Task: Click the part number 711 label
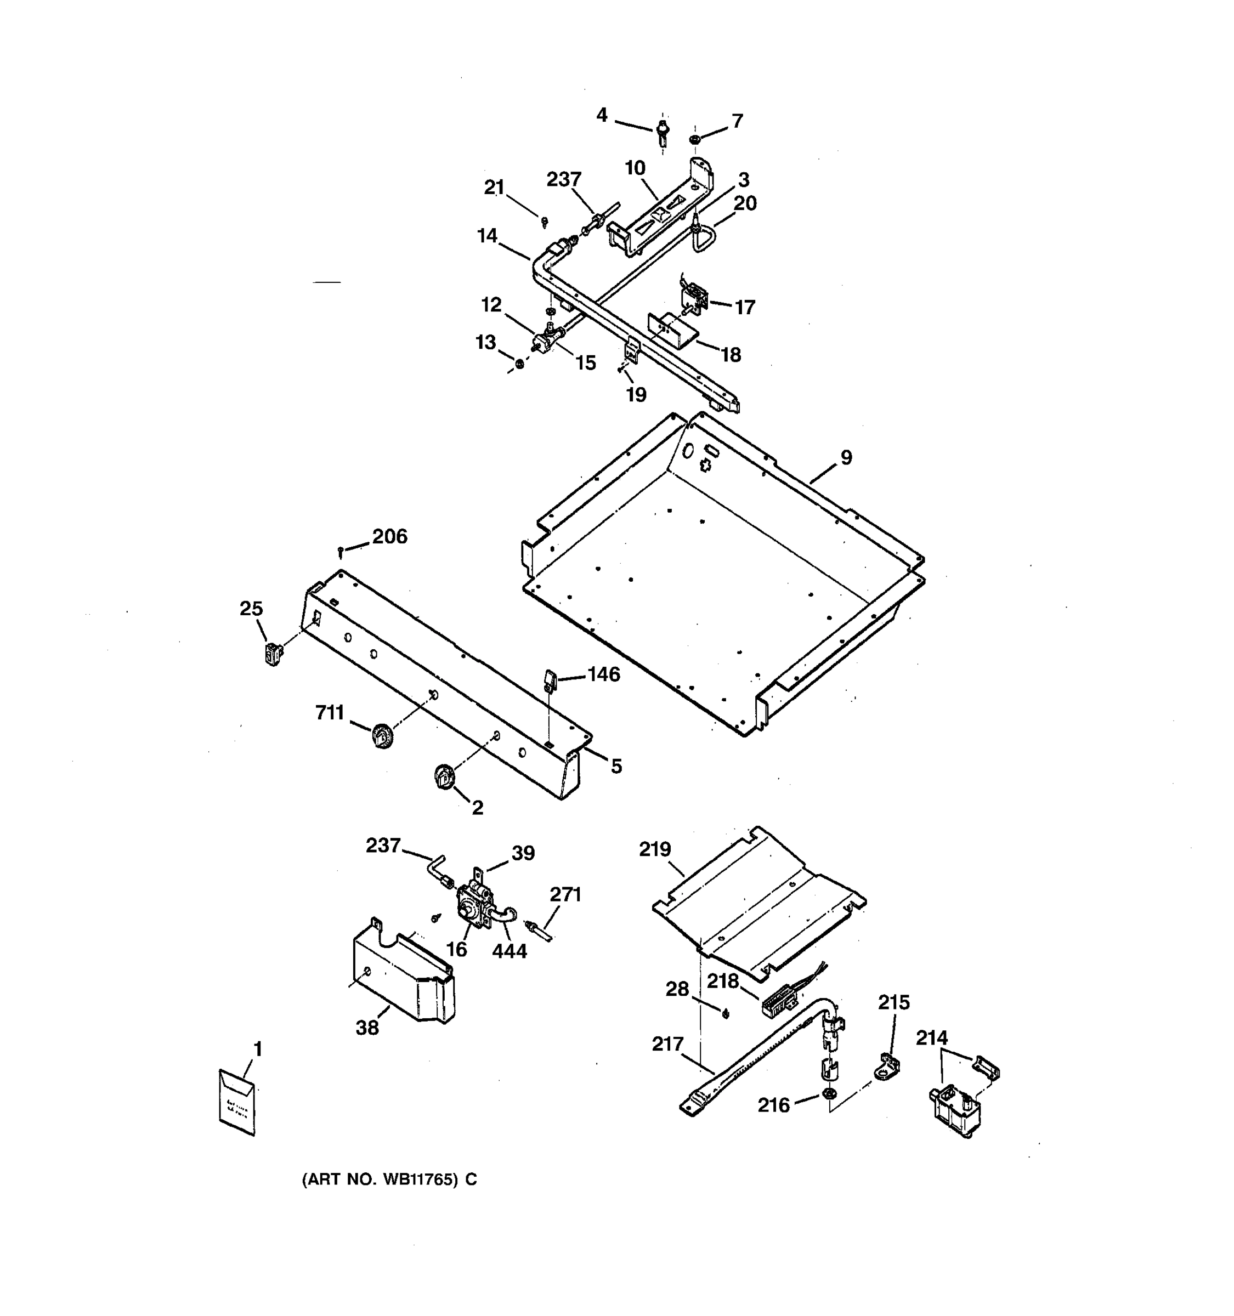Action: (329, 713)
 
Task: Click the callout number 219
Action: (655, 849)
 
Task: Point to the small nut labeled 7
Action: (694, 140)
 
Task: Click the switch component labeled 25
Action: (272, 654)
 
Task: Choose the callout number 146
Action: (603, 674)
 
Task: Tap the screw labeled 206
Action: (340, 550)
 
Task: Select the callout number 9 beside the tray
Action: (846, 457)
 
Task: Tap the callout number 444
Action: (509, 951)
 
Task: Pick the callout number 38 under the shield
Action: (367, 1028)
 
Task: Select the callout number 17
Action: (745, 307)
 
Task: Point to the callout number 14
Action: (487, 236)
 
